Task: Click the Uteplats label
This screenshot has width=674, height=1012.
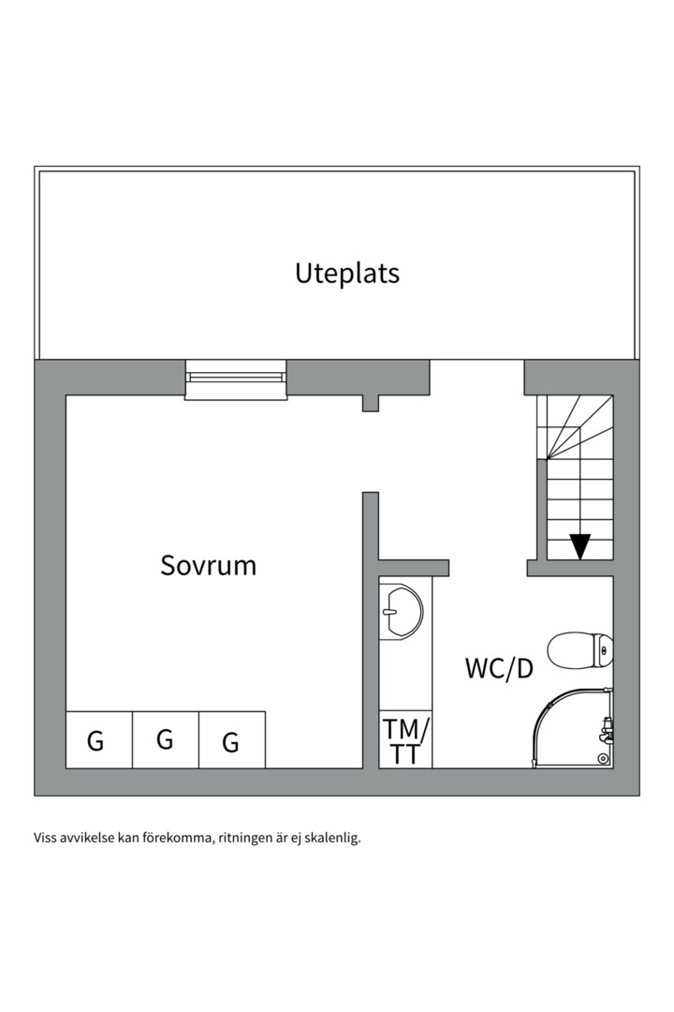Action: tap(347, 273)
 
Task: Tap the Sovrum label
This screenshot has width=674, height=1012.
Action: tap(209, 565)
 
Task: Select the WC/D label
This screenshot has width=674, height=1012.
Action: tap(499, 669)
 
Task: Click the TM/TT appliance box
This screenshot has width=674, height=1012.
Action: tap(405, 739)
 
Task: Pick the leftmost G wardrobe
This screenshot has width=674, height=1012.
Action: tap(99, 739)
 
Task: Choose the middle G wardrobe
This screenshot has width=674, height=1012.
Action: tap(166, 739)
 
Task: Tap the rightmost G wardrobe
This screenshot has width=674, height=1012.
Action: tap(232, 739)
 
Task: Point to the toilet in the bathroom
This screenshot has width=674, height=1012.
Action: tap(579, 650)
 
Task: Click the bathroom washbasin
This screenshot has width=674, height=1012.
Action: tap(402, 612)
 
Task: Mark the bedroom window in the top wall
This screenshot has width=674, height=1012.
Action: tap(235, 380)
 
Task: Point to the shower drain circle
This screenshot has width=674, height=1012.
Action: tap(603, 758)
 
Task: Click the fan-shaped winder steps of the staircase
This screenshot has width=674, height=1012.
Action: tap(575, 426)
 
